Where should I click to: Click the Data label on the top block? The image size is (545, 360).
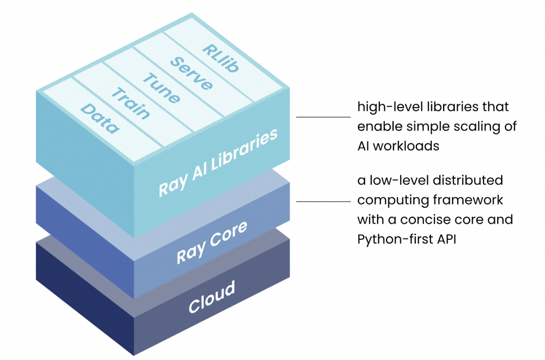[x=100, y=119]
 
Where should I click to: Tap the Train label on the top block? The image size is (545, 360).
[x=131, y=103]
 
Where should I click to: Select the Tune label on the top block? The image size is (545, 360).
[x=161, y=88]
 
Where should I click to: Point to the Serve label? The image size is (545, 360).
[x=191, y=73]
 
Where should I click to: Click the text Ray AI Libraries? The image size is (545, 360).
[x=218, y=162]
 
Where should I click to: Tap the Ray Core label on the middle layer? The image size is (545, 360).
[x=212, y=242]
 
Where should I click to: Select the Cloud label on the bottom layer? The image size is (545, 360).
[x=212, y=297]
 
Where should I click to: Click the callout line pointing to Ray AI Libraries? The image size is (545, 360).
[x=323, y=117]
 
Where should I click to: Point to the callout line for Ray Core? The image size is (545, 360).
[x=323, y=201]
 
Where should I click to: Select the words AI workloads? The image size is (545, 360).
[x=398, y=146]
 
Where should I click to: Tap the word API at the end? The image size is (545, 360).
[x=447, y=239]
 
